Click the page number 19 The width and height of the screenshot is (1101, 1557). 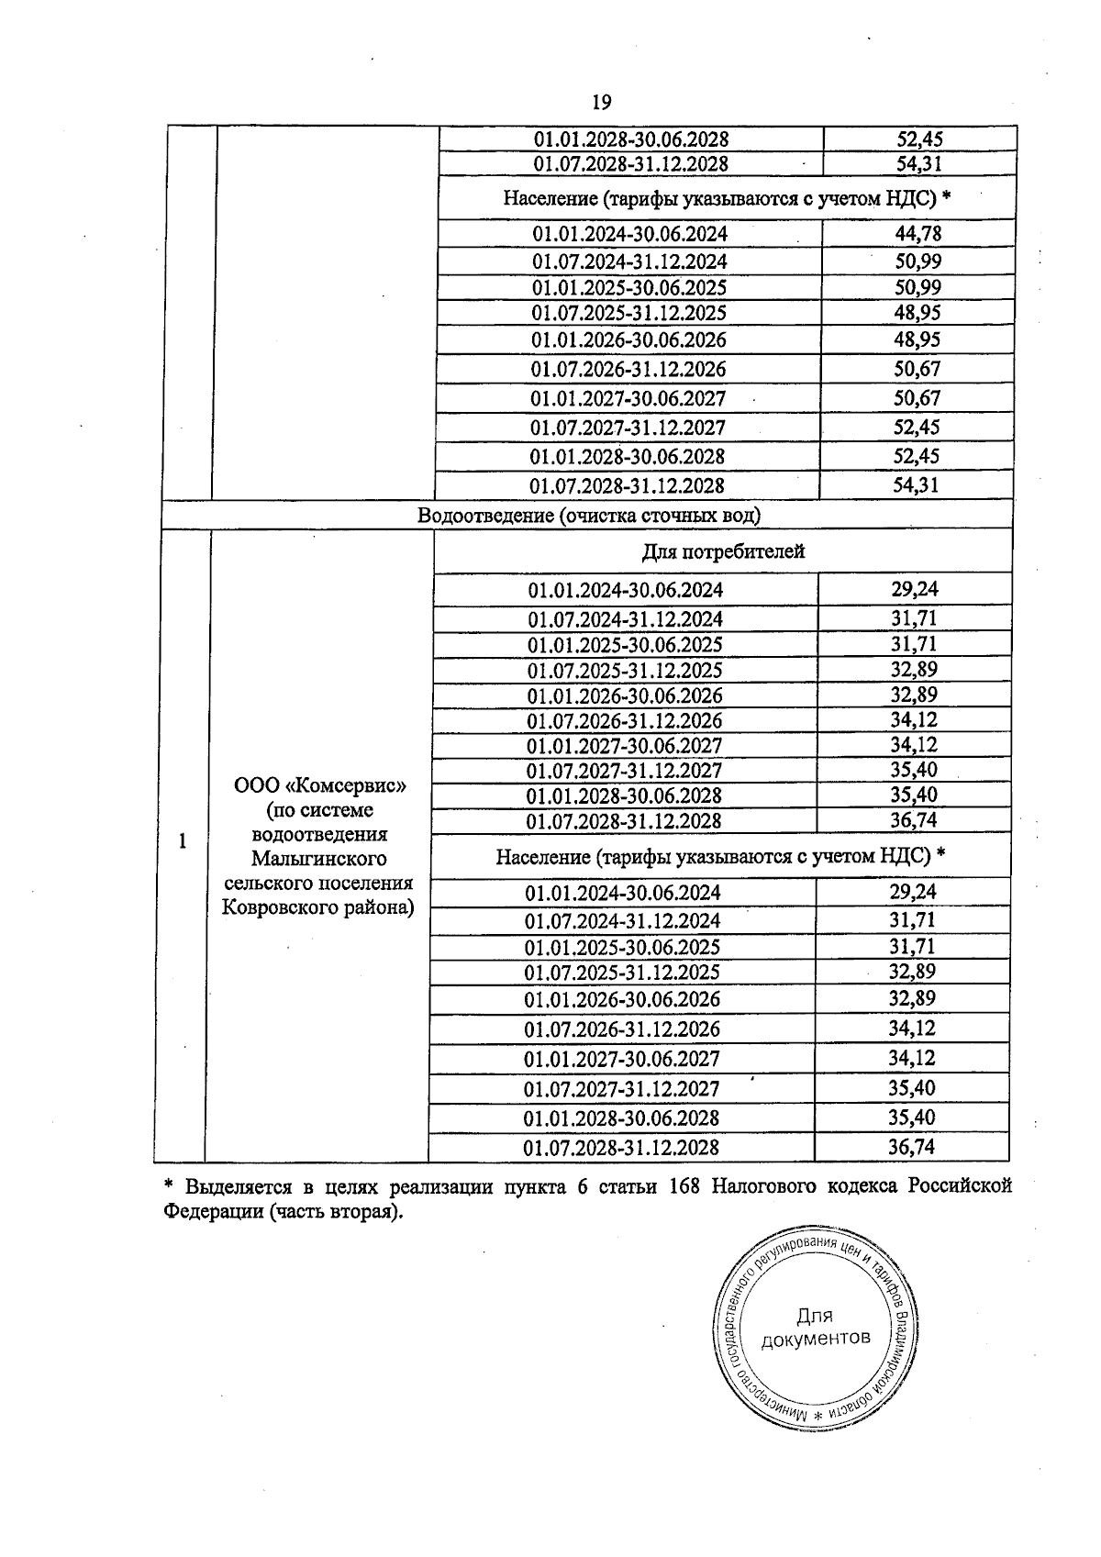click(x=602, y=102)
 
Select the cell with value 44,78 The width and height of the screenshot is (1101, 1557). click(x=917, y=234)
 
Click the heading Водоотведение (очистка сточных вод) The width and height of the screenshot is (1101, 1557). click(x=588, y=516)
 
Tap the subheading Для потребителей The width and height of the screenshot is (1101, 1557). click(x=722, y=551)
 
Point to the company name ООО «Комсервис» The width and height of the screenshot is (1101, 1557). click(x=319, y=786)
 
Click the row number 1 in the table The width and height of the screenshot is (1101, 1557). click(x=182, y=841)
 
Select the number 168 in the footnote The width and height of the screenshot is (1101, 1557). click(x=686, y=1185)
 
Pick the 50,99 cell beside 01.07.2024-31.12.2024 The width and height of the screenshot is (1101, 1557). click(x=917, y=261)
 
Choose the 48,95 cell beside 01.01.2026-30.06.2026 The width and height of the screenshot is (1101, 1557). click(x=917, y=339)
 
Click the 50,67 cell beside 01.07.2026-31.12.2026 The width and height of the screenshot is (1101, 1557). click(x=917, y=369)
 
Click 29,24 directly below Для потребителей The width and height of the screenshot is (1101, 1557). click(x=914, y=589)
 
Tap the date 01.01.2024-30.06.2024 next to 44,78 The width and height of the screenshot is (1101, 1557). click(x=629, y=234)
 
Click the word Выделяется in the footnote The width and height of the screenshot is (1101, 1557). click(x=234, y=1185)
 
